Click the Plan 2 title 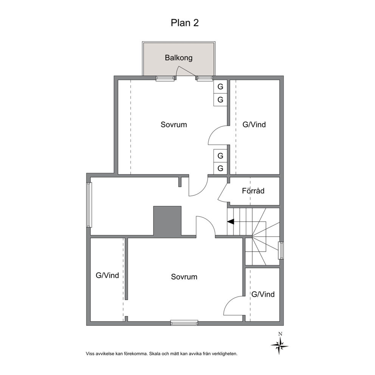tap(184, 23)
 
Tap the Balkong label tap(179, 58)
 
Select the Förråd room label tap(253, 191)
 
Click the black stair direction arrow tap(231, 222)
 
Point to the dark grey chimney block tap(167, 222)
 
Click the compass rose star tap(279, 346)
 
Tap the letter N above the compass tap(280, 334)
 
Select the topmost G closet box tap(220, 87)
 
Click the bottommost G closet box tap(220, 168)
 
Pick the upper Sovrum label tap(174, 125)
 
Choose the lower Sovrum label tap(184, 277)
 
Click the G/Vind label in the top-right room tap(254, 124)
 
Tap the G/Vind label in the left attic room tap(107, 275)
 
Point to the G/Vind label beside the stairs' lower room tap(263, 294)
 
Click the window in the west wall tap(89, 205)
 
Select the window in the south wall tap(184, 323)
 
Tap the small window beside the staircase tap(281, 250)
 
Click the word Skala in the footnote tap(155, 354)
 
